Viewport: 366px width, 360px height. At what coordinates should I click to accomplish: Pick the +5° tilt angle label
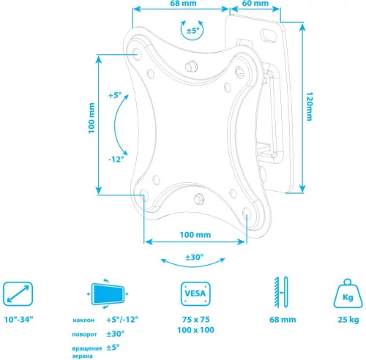tap(115, 96)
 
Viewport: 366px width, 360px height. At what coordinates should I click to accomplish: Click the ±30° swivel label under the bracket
tap(194, 258)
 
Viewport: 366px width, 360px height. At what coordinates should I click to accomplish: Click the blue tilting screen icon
tap(107, 295)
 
